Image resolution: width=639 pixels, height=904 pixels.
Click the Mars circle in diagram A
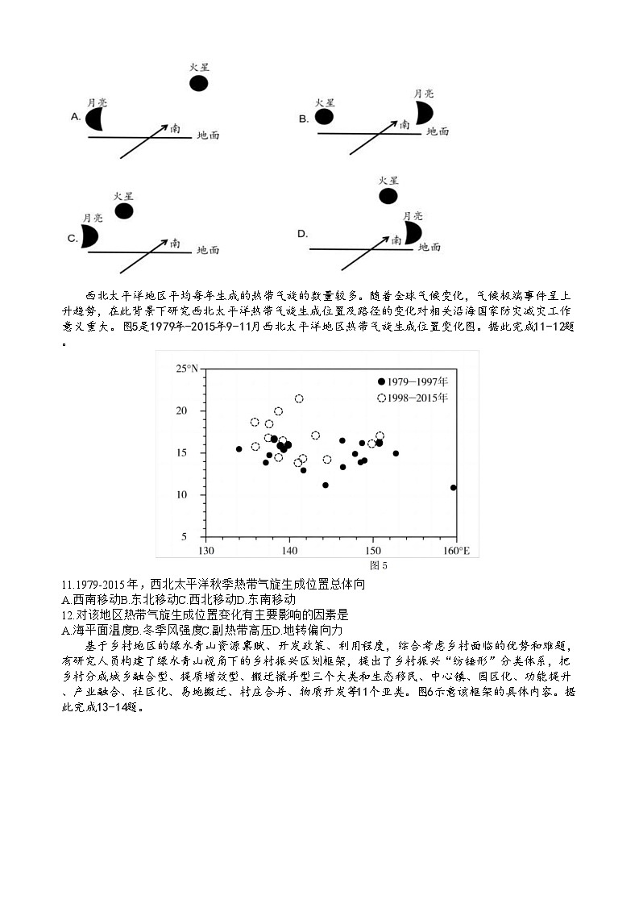[x=198, y=83]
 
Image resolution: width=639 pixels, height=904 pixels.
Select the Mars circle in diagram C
[x=123, y=210]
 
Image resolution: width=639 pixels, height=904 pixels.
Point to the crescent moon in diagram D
[x=413, y=233]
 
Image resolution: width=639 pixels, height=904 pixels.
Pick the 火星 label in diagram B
[x=325, y=102]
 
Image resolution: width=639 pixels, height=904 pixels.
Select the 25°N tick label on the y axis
[x=187, y=369]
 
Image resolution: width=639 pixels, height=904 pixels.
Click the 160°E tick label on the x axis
[x=456, y=552]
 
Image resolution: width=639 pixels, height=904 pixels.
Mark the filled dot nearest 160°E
[x=454, y=487]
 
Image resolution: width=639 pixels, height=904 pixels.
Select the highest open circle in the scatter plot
[x=299, y=398]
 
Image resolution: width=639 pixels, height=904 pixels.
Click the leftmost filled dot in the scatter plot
[x=239, y=449]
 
